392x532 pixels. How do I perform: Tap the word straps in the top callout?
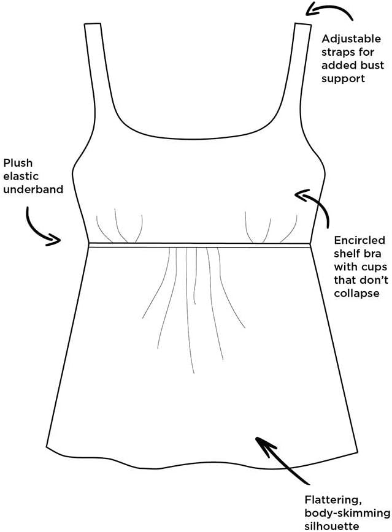click(x=337, y=52)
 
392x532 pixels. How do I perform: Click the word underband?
click(x=33, y=189)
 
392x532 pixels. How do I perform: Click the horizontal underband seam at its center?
click(x=198, y=245)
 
